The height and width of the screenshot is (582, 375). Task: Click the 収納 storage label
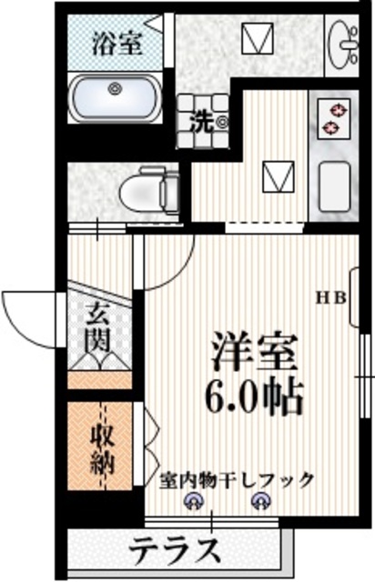coord(100,448)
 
